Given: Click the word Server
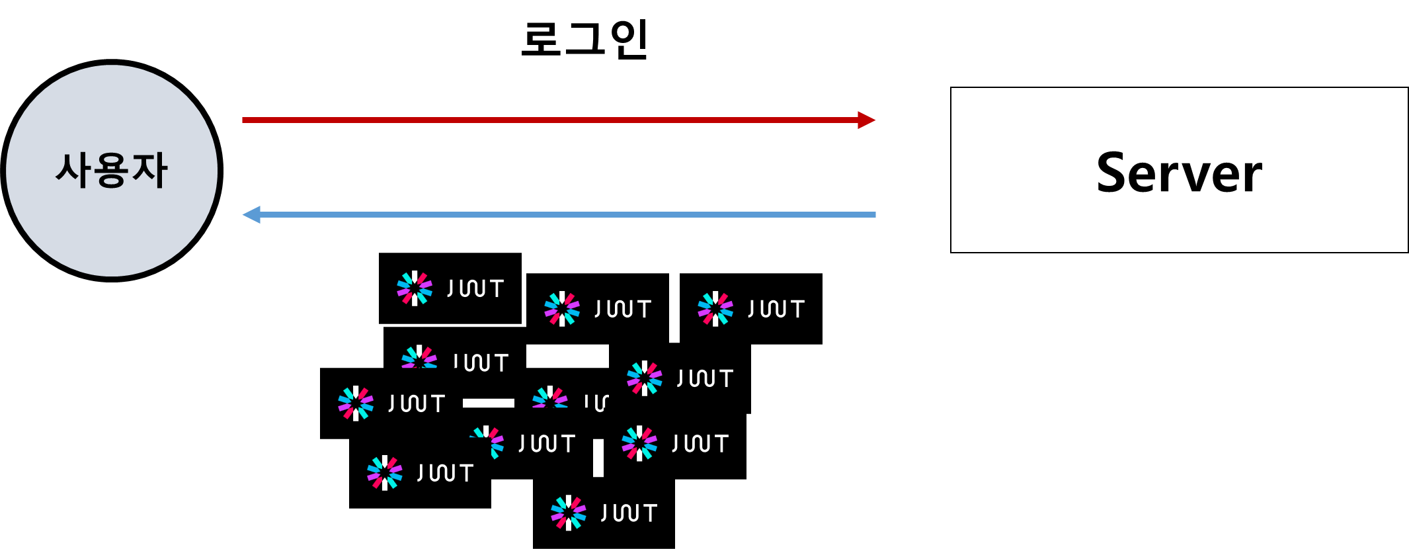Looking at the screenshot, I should pos(1179,173).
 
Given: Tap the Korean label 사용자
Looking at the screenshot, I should pos(111,171).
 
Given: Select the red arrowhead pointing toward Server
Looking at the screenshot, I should pos(866,120).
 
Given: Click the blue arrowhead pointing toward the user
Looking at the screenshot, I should pos(252,214).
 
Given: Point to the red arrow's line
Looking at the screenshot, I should pos(549,120).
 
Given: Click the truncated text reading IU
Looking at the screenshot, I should pos(596,402).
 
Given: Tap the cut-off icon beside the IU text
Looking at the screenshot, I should pos(550,398).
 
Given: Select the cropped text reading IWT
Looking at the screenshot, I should pos(481,362).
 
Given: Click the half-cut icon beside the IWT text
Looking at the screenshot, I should pos(419,357).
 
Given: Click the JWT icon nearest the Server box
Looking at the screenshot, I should pos(715,308).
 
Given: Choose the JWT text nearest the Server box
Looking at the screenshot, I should pos(776,309).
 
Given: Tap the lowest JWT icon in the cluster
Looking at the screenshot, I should pos(569,513).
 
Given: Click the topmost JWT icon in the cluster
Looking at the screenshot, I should pos(415,288).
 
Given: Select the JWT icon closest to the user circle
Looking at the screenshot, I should pos(356,403).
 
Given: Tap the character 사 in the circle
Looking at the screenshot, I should pos(74,171).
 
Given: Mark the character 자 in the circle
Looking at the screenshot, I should pos(149,171).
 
